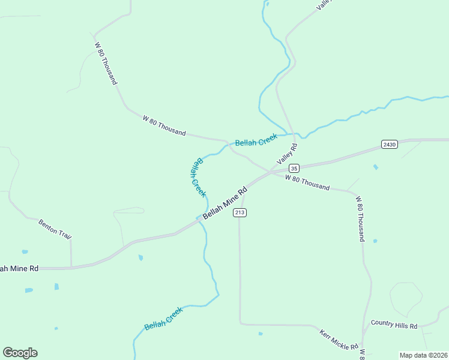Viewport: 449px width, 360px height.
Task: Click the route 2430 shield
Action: point(389,145)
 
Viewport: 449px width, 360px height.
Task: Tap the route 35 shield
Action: point(294,168)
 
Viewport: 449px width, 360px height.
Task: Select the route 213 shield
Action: point(240,212)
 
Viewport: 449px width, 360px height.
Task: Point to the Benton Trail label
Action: point(55,229)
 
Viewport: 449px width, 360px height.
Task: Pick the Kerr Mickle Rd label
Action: point(339,340)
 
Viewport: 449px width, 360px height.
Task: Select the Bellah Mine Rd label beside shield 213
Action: point(225,204)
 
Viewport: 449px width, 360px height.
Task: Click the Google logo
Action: point(20,353)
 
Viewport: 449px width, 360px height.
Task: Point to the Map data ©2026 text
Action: point(424,355)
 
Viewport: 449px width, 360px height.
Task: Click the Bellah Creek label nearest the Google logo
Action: point(163,319)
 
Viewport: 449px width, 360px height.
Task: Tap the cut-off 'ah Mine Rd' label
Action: point(19,268)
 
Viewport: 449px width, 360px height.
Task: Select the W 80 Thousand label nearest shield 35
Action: point(307,182)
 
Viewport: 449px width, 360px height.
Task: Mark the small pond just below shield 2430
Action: point(375,167)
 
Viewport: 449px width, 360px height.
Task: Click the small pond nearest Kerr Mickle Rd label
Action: point(260,334)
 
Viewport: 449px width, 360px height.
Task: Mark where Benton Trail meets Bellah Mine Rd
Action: point(71,266)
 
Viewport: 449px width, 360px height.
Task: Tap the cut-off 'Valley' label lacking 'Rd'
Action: point(324,4)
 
